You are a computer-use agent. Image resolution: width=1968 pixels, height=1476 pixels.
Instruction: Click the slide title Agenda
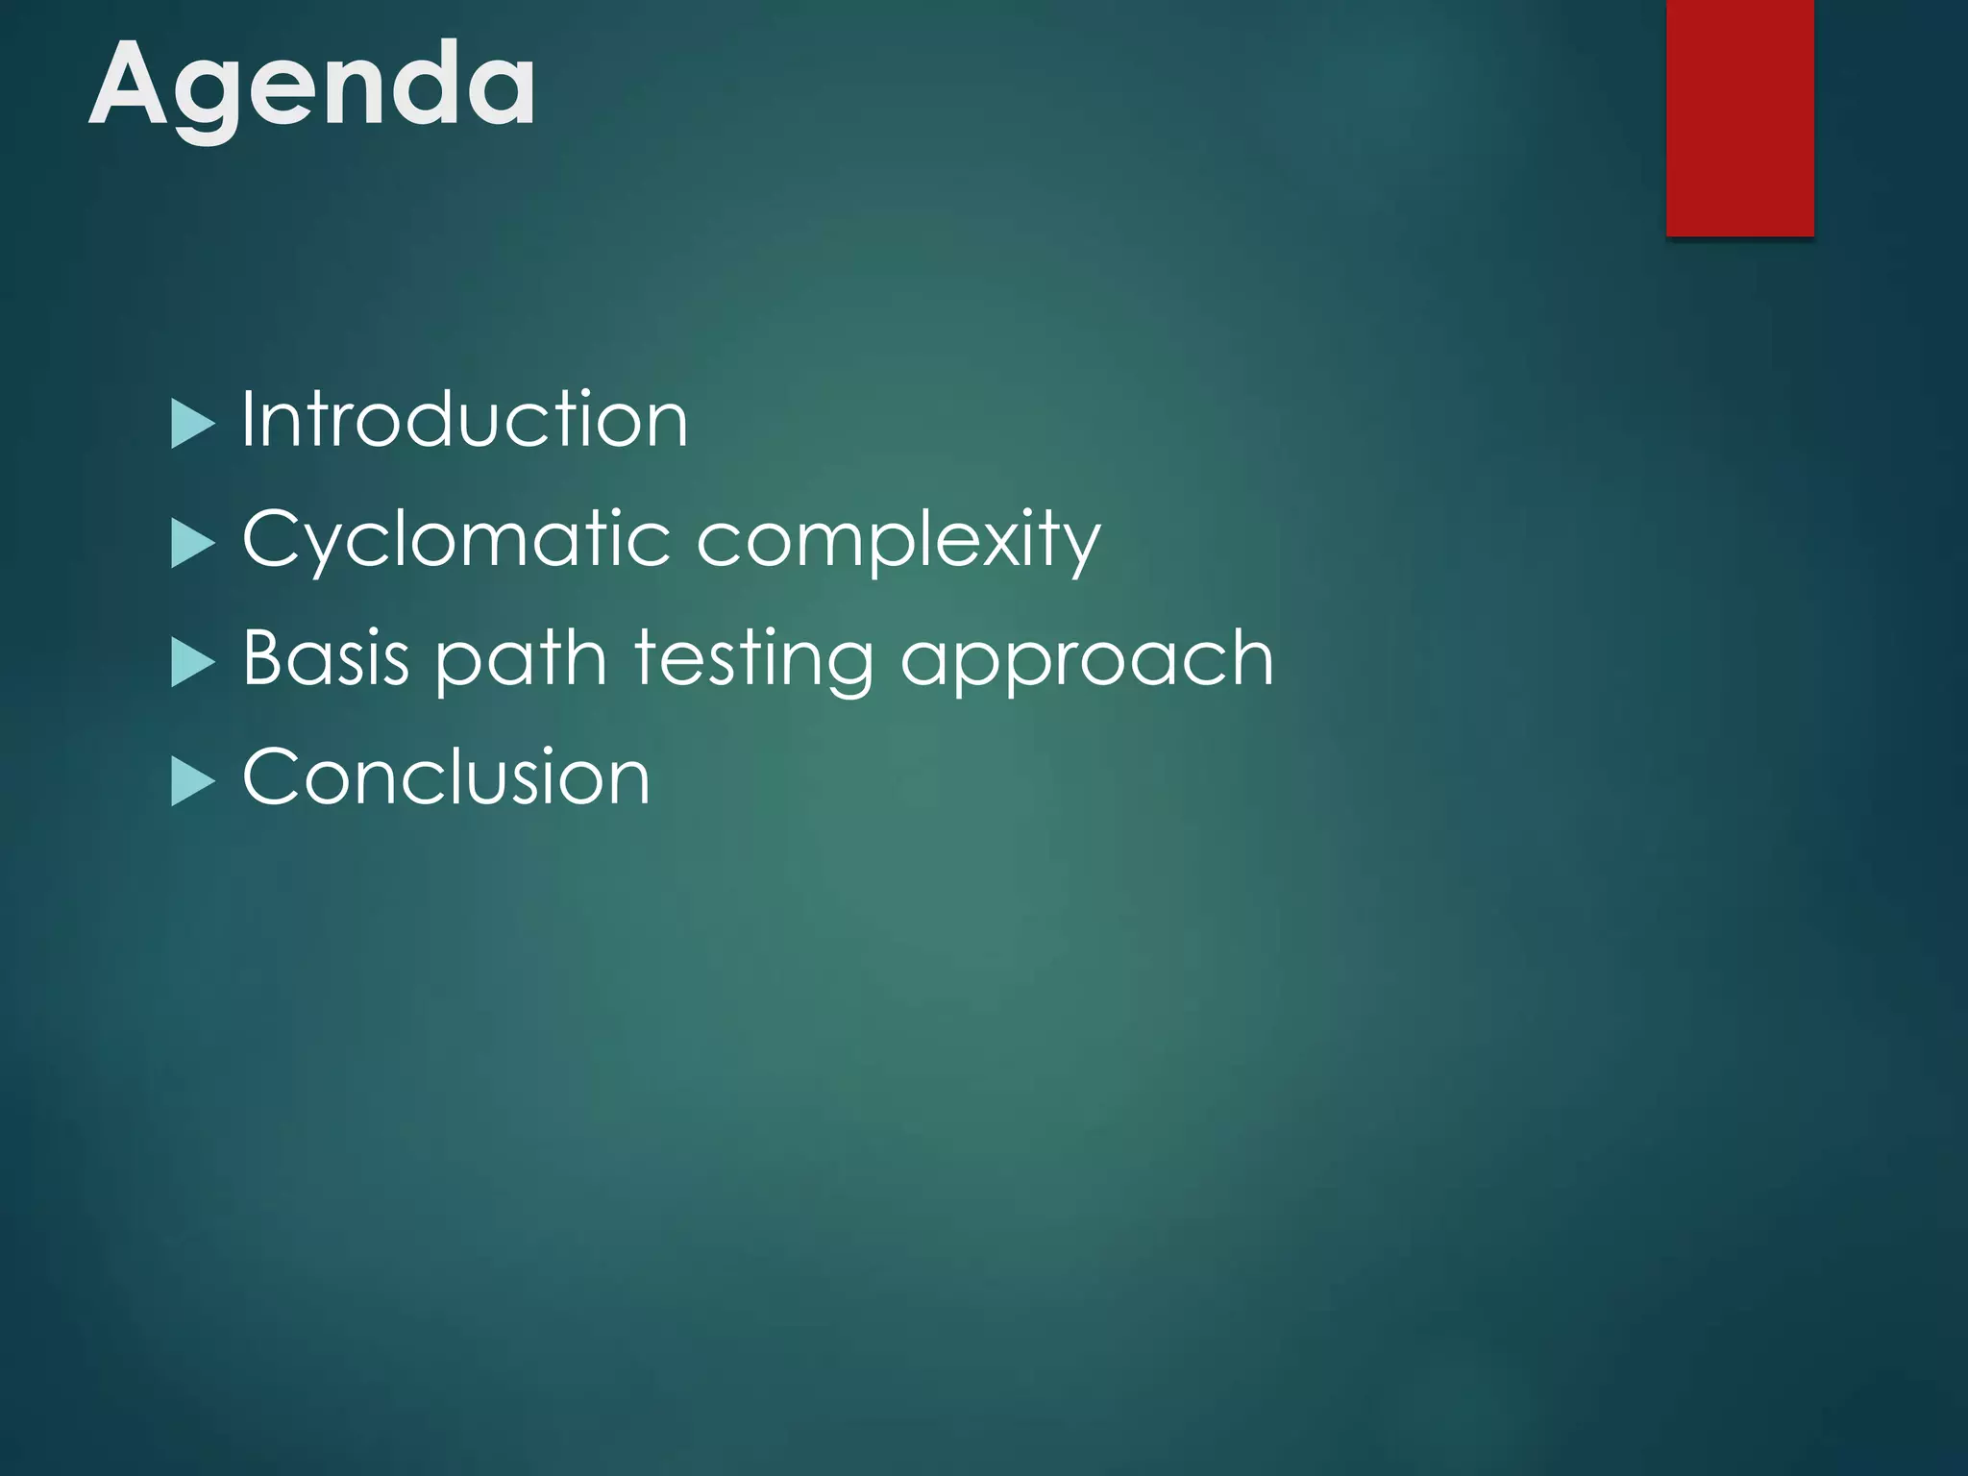pyautogui.click(x=312, y=86)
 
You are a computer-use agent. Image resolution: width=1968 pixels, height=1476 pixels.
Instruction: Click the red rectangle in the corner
pyautogui.click(x=1739, y=117)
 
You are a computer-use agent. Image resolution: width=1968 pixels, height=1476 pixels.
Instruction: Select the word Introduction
pyautogui.click(x=464, y=420)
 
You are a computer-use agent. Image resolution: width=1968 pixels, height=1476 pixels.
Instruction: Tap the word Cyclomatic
pyautogui.click(x=455, y=540)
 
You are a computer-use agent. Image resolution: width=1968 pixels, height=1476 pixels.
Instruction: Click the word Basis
pyautogui.click(x=326, y=658)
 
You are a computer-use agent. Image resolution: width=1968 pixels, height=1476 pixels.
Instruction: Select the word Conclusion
pyautogui.click(x=446, y=776)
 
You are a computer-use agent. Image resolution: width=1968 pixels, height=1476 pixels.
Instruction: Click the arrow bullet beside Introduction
pyautogui.click(x=192, y=424)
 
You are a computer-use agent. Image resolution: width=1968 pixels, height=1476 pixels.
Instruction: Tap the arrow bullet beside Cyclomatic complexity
pyautogui.click(x=192, y=544)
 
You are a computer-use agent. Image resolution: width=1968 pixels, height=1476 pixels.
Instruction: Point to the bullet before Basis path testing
pyautogui.click(x=192, y=663)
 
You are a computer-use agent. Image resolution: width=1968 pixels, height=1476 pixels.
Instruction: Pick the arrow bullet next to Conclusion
pyautogui.click(x=192, y=781)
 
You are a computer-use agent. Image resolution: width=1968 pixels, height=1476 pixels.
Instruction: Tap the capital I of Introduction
pyautogui.click(x=248, y=419)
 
